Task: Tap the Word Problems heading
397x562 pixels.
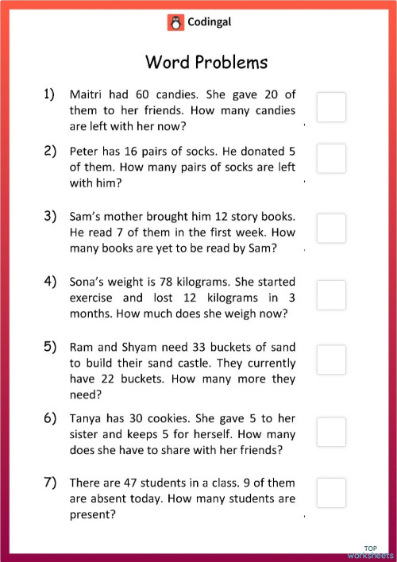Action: [206, 62]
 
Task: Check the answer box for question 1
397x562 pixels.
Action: [331, 107]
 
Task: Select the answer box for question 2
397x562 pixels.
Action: [331, 159]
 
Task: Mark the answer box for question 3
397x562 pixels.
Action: [331, 229]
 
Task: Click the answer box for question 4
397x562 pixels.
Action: [331, 294]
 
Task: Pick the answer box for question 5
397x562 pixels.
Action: [331, 360]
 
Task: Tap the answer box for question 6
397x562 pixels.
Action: [331, 432]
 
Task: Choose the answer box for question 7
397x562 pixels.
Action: [331, 492]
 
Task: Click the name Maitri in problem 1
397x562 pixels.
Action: [87, 94]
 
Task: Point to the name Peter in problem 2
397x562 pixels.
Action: [85, 150]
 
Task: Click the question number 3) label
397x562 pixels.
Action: [49, 216]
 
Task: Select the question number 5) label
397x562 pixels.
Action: [49, 346]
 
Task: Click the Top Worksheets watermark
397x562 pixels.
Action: [370, 551]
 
